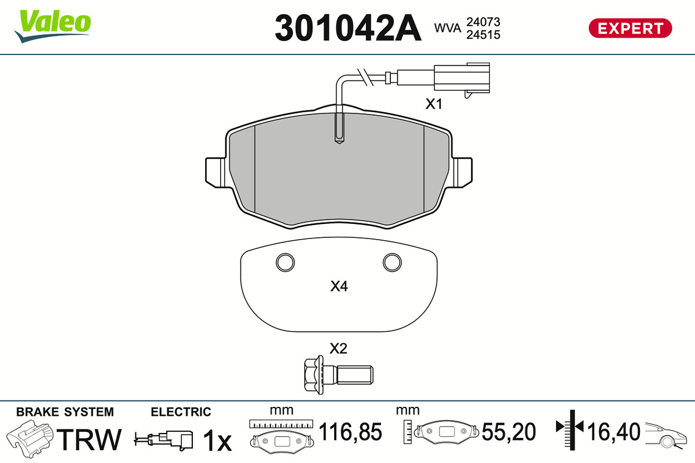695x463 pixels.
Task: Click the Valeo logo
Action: point(53,26)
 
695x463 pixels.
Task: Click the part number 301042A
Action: point(348,28)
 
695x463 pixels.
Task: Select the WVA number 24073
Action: point(483,22)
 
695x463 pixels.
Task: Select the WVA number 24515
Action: point(483,35)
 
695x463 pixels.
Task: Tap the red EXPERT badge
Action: point(630,28)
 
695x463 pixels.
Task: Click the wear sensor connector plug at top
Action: point(462,78)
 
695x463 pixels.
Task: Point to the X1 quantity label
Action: point(433,104)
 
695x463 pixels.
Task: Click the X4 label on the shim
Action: point(339,286)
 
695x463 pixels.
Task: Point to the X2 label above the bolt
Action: point(338,348)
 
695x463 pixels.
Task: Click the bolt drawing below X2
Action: point(338,375)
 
